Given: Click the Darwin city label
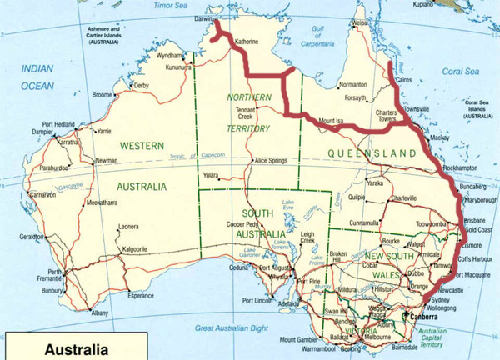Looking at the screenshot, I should point(193,15).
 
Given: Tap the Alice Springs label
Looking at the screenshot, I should point(272,160).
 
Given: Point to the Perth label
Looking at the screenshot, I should point(55,272).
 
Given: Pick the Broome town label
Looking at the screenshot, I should point(102,95).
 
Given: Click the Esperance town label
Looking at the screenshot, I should point(140,295).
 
